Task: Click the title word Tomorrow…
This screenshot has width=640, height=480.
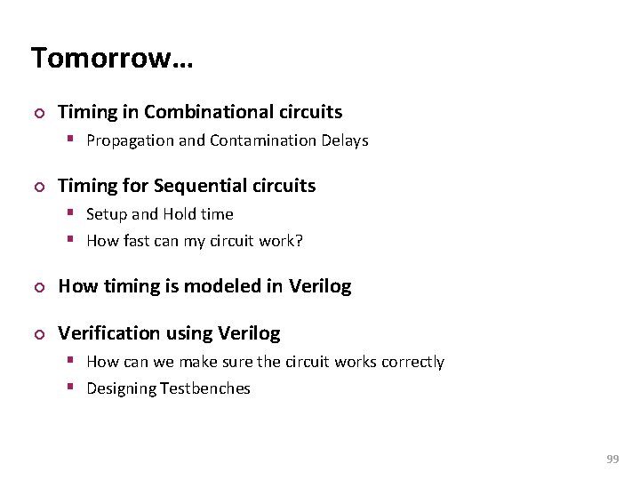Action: [112, 59]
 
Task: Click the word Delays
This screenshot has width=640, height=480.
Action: [344, 140]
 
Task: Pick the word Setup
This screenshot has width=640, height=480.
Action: [106, 214]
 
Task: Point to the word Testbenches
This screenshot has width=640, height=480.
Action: [206, 388]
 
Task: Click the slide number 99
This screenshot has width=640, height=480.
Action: [612, 459]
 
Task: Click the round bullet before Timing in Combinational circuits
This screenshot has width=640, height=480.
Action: [36, 113]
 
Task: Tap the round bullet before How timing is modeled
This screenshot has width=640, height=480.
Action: [36, 287]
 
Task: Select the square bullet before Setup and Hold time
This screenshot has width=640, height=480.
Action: [75, 214]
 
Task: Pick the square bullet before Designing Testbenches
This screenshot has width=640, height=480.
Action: [75, 388]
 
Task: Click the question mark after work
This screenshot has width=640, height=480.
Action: [300, 241]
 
